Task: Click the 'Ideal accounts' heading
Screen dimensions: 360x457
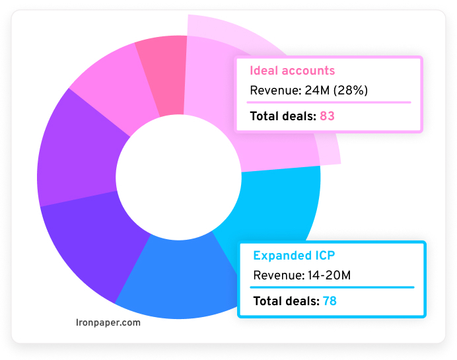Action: click(x=292, y=71)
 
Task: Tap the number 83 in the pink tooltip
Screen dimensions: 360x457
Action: click(x=328, y=116)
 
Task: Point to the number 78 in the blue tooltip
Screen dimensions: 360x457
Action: click(x=330, y=301)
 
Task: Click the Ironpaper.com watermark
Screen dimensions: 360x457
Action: click(x=108, y=323)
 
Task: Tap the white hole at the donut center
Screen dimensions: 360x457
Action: click(x=178, y=175)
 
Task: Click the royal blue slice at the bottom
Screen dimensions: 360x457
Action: click(x=175, y=277)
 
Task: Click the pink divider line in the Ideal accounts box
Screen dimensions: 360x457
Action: click(x=329, y=102)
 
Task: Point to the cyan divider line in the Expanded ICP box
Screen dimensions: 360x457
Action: click(x=332, y=287)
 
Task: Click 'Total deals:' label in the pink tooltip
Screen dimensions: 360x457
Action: click(x=283, y=116)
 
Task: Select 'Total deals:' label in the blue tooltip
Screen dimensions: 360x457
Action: click(x=285, y=301)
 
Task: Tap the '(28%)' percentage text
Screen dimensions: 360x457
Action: click(x=354, y=90)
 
